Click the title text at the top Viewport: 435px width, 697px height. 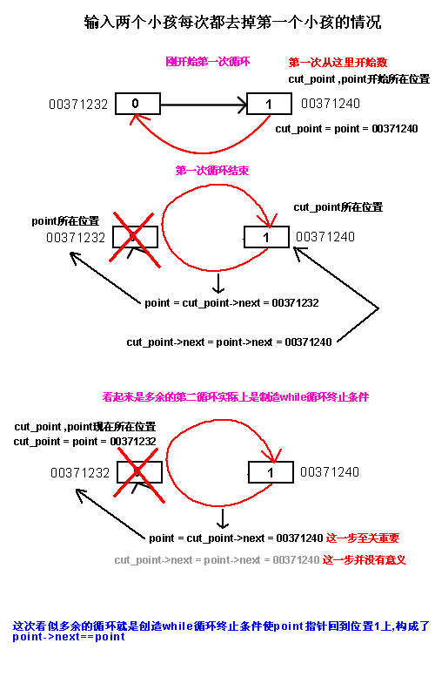232,22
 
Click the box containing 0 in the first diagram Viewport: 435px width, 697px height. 137,104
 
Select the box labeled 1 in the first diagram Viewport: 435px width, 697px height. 269,104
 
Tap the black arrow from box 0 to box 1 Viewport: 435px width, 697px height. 204,105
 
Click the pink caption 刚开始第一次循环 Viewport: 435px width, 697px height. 208,61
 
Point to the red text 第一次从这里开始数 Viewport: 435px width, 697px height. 338,62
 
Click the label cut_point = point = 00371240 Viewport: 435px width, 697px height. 346,129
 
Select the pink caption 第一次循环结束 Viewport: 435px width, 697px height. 212,170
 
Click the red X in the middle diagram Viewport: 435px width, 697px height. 135,240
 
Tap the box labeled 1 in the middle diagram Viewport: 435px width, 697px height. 266,237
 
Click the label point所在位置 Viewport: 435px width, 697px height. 66,221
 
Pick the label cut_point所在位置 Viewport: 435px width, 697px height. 338,207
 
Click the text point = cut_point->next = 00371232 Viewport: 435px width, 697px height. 231,303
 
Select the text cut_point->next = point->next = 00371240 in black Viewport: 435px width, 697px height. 229,342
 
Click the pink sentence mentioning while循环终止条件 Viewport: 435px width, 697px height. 235,397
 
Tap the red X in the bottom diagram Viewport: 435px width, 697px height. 139,475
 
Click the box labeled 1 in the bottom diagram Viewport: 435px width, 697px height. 271,472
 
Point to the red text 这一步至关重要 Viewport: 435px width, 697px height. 363,538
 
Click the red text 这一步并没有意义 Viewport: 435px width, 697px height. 365,560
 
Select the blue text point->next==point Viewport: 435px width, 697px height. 69,637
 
